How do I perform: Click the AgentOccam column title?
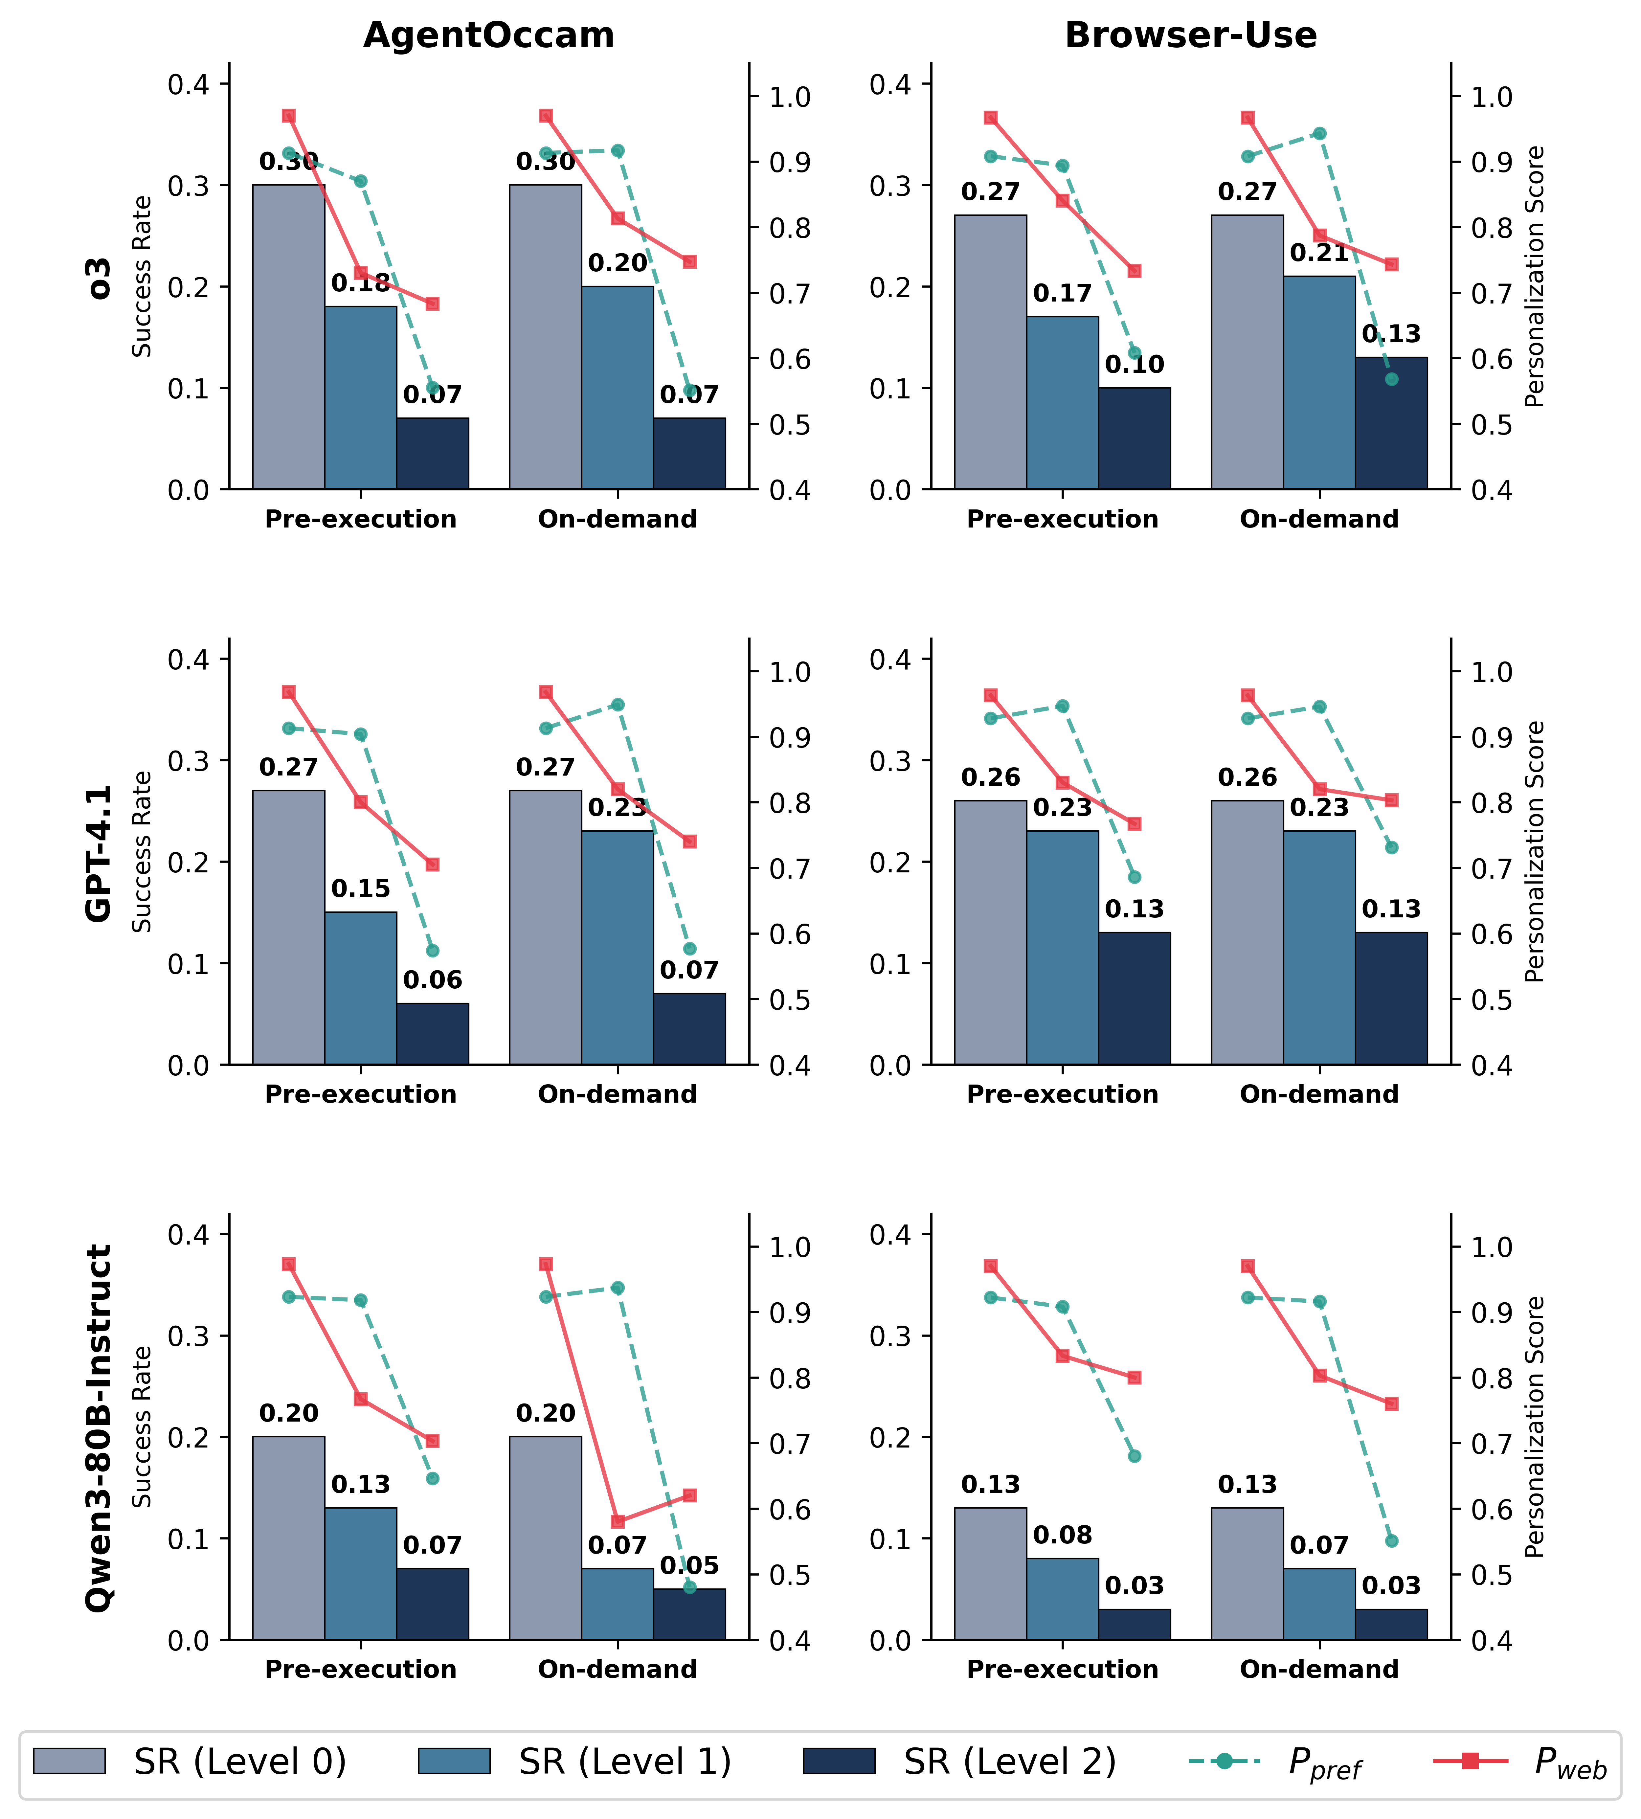489,35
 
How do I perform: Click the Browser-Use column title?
1190,35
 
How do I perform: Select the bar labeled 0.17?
1062,403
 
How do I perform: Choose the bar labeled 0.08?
1062,1598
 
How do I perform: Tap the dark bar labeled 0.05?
690,1613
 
